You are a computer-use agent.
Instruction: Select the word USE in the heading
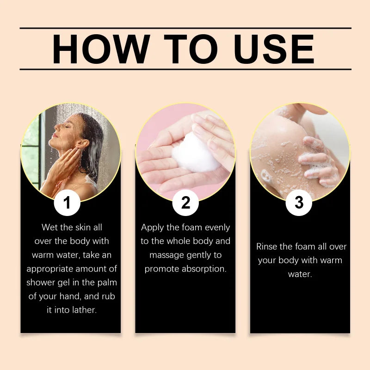(x=274, y=49)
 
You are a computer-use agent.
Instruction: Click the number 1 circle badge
(x=67, y=203)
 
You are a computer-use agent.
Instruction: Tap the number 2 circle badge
(x=185, y=203)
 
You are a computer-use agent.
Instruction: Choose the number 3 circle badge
(x=299, y=203)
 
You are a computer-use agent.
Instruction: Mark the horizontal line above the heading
(x=185, y=28)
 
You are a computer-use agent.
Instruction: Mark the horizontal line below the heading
(x=185, y=69)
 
